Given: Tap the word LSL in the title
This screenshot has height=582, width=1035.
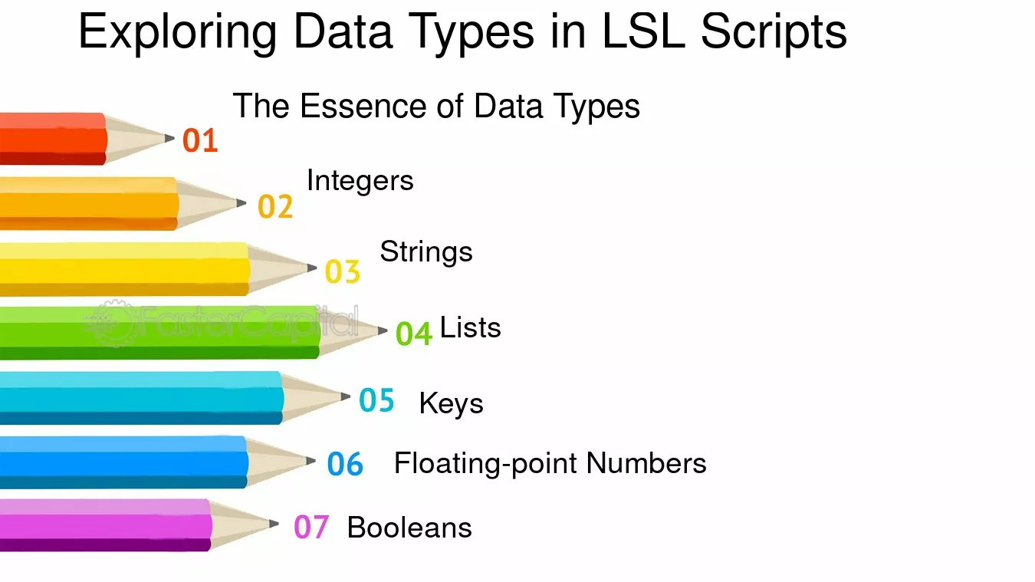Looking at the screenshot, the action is click(644, 31).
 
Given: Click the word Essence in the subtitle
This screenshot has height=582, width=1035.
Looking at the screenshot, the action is click(363, 106).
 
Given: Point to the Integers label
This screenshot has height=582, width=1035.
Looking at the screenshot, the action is click(360, 181).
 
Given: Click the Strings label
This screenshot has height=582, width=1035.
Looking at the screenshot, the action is click(426, 253).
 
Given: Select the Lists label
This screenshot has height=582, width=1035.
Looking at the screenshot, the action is click(471, 327).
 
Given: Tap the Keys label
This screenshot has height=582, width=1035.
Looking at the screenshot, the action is click(451, 404).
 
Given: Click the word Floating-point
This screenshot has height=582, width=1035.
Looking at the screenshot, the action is click(485, 464).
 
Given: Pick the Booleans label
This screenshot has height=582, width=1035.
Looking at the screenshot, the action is click(409, 528).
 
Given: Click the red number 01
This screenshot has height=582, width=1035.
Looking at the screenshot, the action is click(200, 140).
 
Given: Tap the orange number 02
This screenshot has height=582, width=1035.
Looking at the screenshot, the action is click(275, 206).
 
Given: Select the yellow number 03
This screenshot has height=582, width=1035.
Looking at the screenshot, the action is click(343, 271).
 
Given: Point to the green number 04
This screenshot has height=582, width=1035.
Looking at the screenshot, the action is click(414, 334).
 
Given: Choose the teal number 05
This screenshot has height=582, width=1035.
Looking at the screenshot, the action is click(376, 400).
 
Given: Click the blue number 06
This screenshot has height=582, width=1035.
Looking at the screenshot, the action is click(345, 464).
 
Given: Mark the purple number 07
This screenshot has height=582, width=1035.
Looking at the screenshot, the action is click(311, 527).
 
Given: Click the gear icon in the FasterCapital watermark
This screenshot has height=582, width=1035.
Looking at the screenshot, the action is click(113, 323).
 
